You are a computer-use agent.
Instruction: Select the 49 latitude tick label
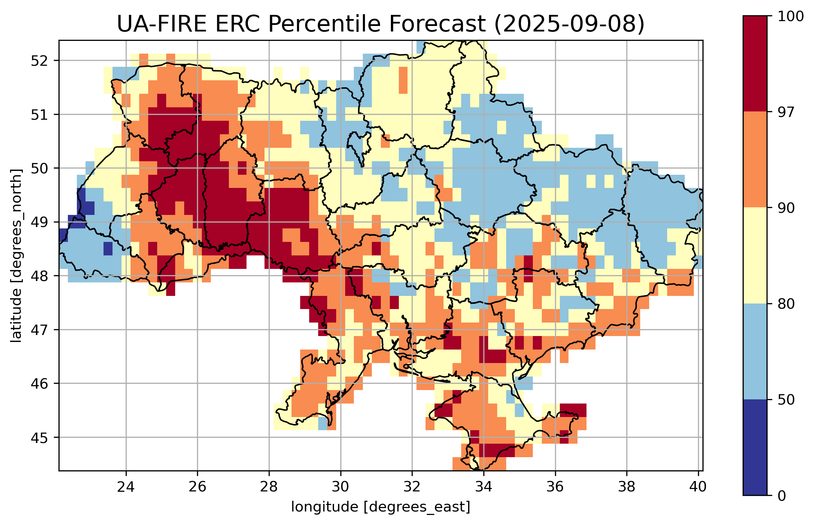(x=39, y=222)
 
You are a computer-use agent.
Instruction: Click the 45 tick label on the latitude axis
(x=39, y=437)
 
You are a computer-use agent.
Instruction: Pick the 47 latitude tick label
(x=39, y=330)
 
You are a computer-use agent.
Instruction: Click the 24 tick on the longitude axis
(x=126, y=487)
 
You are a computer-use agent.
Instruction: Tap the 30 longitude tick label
(x=340, y=487)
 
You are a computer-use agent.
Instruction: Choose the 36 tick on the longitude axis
(x=555, y=487)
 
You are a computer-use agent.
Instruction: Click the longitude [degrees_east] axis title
(x=380, y=507)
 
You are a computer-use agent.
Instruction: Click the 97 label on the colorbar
(x=786, y=112)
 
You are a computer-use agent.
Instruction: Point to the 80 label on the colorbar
(x=786, y=304)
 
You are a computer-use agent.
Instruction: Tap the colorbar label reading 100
(x=790, y=17)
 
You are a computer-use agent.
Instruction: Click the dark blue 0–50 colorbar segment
(x=755, y=447)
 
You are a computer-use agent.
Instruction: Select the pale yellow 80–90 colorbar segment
(x=755, y=255)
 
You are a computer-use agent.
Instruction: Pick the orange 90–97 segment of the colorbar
(x=755, y=160)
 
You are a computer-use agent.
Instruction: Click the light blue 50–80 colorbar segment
(x=755, y=351)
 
